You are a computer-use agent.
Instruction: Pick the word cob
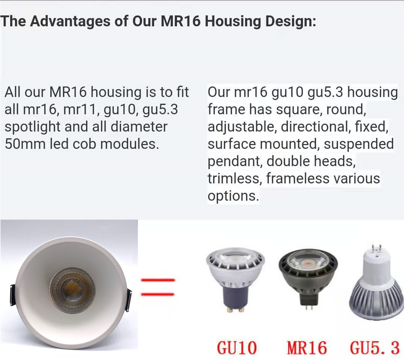85,144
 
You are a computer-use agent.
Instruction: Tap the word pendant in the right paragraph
235,162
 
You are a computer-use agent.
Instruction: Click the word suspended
359,144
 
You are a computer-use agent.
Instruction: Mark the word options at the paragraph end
233,196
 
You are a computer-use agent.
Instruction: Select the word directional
316,127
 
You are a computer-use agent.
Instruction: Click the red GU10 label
237,348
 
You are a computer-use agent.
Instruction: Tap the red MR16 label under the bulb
307,348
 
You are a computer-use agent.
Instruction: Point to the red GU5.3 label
375,348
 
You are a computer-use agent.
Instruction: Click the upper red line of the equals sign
158,280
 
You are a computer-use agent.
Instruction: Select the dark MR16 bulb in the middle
308,280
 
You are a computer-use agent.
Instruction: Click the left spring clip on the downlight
12,295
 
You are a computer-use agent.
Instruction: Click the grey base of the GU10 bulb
235,298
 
